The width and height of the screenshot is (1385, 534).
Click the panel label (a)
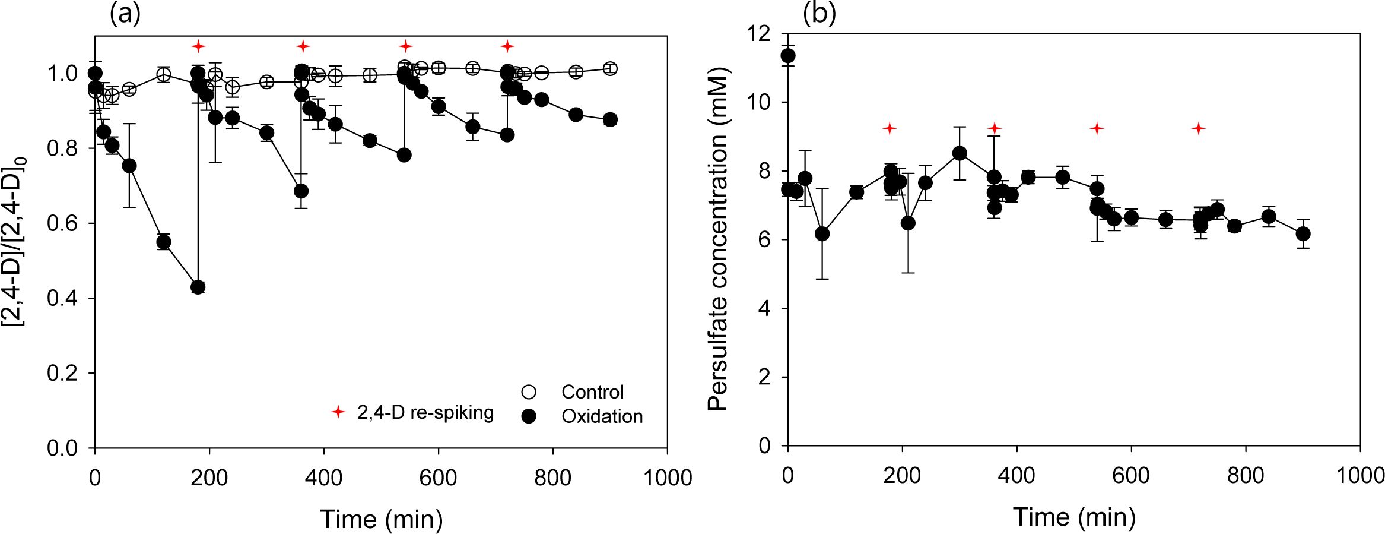click(x=125, y=14)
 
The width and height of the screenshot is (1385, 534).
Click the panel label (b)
click(x=819, y=14)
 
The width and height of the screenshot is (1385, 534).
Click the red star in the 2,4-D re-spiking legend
click(x=338, y=412)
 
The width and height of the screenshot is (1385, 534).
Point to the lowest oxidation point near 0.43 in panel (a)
click(x=198, y=287)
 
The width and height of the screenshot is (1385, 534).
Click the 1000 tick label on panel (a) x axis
click(x=668, y=478)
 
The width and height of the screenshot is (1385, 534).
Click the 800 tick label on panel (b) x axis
click(x=1245, y=475)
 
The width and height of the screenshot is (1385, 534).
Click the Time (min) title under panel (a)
click(x=382, y=519)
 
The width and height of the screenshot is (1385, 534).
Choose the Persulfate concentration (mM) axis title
click(x=718, y=240)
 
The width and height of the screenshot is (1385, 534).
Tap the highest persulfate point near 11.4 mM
click(x=788, y=56)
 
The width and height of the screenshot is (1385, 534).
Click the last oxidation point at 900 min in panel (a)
click(x=610, y=119)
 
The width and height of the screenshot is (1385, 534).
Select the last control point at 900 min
click(x=610, y=69)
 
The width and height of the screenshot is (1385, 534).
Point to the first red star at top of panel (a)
click(x=198, y=46)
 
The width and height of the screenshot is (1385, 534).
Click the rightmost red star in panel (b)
click(x=1199, y=128)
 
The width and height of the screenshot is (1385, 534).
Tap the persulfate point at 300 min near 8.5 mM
click(x=960, y=154)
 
